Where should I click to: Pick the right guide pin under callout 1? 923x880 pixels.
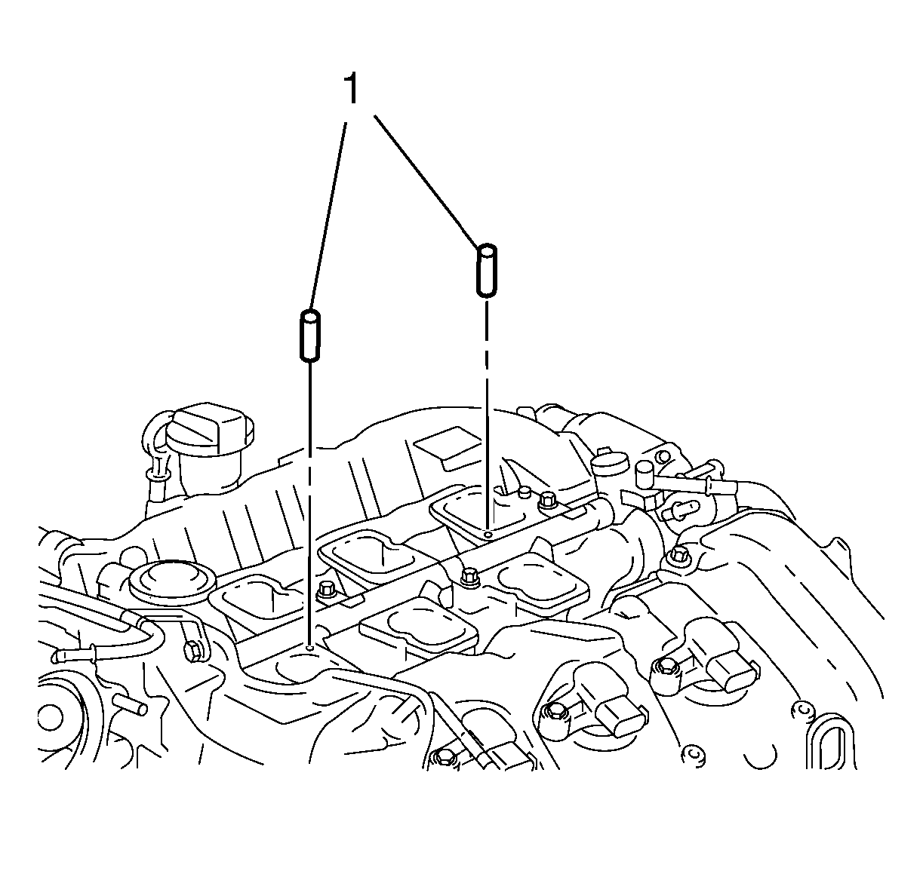[486, 269]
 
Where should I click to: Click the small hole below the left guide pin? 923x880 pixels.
[310, 646]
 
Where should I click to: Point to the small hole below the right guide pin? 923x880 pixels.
[488, 533]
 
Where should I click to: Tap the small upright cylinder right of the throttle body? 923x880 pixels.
[644, 475]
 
